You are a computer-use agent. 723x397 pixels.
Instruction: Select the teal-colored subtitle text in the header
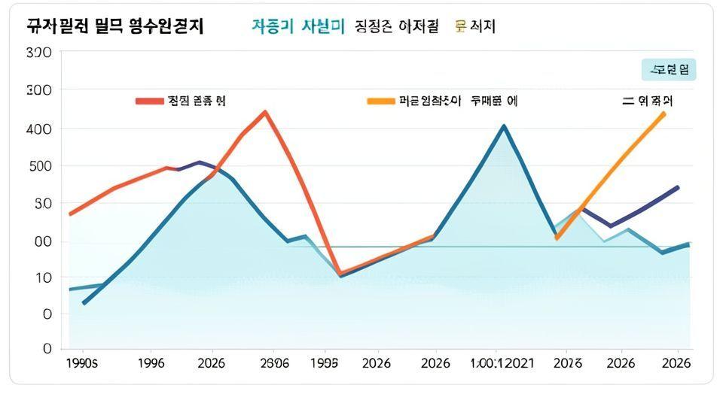pos(297,26)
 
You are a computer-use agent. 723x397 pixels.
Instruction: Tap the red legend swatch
pos(149,101)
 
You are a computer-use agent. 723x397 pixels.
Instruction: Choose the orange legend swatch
pos(380,101)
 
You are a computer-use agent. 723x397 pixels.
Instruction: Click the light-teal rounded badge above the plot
pos(669,70)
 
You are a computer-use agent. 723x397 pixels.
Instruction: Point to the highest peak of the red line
pos(265,112)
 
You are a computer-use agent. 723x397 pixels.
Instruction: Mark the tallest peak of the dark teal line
pos(504,126)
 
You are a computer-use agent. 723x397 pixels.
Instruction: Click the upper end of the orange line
pos(664,113)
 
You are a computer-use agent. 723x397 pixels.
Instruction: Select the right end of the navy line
pos(678,187)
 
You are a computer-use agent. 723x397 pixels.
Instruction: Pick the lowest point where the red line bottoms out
pos(340,274)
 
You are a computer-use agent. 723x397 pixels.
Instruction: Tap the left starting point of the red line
pos(70,214)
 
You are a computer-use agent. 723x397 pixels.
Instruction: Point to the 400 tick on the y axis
pos(38,129)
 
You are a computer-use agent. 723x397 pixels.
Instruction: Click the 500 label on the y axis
pos(38,166)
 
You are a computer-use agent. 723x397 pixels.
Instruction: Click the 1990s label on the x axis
pos(81,363)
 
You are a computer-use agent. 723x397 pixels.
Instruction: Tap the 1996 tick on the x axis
pos(151,363)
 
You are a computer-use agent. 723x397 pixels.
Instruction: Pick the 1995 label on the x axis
pos(325,363)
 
